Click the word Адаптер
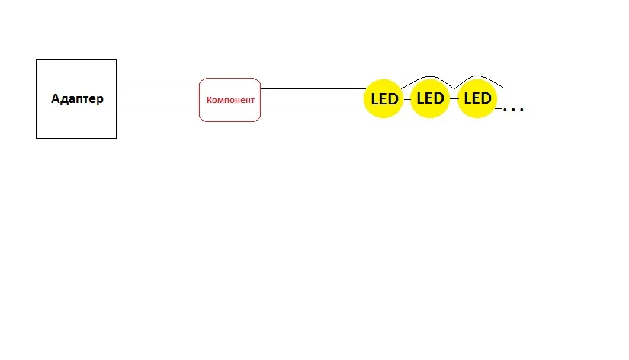(x=77, y=98)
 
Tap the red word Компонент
(x=230, y=101)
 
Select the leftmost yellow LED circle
(x=383, y=98)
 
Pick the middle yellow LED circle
(x=430, y=98)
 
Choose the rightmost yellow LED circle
(x=477, y=98)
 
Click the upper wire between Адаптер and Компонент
(x=158, y=88)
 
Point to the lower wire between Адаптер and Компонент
(x=158, y=111)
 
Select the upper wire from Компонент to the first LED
(x=313, y=88)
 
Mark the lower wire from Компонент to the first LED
(x=313, y=108)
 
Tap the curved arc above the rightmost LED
(x=477, y=76)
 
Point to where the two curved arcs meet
(x=454, y=88)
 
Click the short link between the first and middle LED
(x=407, y=99)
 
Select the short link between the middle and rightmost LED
(x=454, y=98)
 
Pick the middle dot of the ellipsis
(x=513, y=109)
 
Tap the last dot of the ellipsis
(x=521, y=109)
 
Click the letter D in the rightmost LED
(x=486, y=98)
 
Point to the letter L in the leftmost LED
(x=374, y=99)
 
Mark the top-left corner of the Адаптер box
(x=36, y=59)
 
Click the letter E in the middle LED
(x=429, y=98)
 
